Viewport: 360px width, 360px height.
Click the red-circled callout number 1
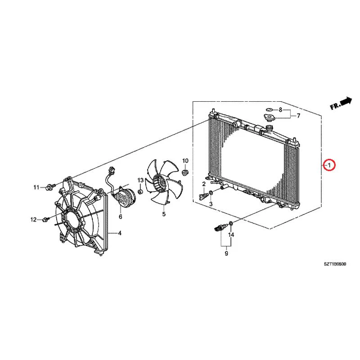(x=329, y=165)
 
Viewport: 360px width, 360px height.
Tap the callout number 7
(x=298, y=116)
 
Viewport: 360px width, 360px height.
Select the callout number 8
(x=280, y=110)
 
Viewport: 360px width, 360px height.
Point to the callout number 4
(x=120, y=233)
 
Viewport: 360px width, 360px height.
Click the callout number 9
(x=226, y=253)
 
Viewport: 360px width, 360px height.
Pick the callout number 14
(x=231, y=234)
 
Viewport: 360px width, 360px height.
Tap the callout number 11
(x=36, y=188)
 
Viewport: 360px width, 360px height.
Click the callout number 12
(x=33, y=220)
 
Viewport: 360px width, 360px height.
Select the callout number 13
(x=140, y=180)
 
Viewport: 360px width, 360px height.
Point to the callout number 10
(x=185, y=161)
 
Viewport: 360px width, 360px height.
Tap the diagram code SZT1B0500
(x=335, y=264)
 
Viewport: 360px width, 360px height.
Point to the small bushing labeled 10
(x=185, y=172)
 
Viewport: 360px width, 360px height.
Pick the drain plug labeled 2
(x=203, y=197)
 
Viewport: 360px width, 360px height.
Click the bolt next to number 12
(x=46, y=220)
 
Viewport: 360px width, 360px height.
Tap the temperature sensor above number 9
(x=220, y=228)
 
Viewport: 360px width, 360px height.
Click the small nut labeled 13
(x=140, y=191)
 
